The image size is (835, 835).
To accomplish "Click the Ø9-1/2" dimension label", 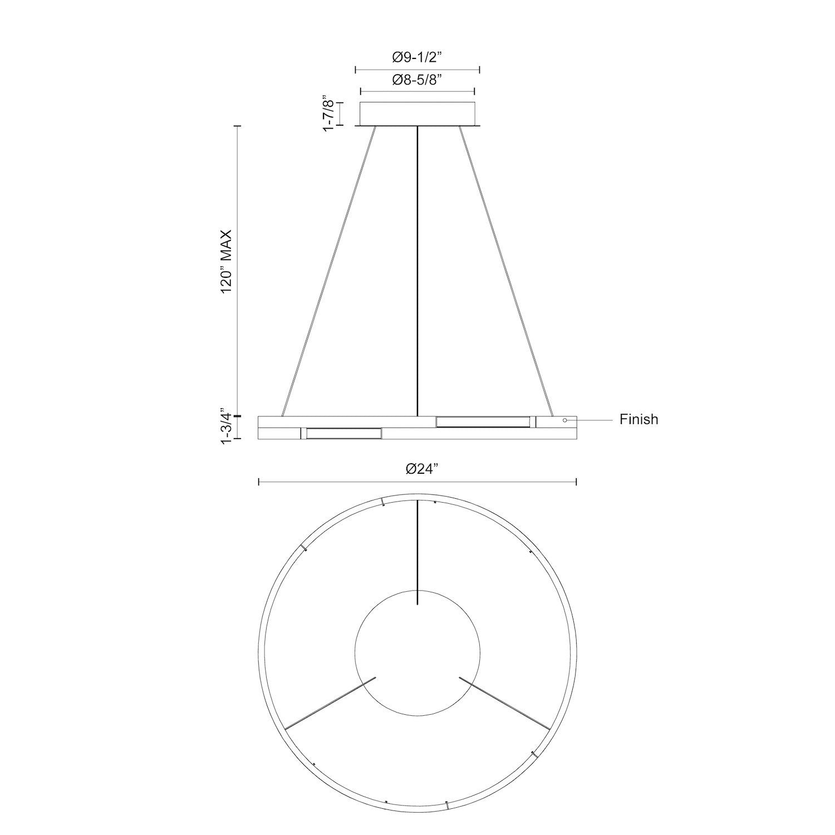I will (x=417, y=57).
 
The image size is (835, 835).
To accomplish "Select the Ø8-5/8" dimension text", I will (x=417, y=80).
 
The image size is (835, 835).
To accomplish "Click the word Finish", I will (x=638, y=419).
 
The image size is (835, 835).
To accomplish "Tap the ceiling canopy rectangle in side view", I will (x=417, y=114).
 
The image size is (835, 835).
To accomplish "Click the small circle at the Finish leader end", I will (x=565, y=420).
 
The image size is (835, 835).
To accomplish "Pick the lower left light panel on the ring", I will (x=343, y=433).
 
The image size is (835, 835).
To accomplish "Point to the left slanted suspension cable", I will (x=328, y=271).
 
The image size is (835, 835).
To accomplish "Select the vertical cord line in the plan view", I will (x=417, y=551).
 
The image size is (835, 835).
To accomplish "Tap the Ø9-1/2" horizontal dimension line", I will (x=417, y=70).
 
